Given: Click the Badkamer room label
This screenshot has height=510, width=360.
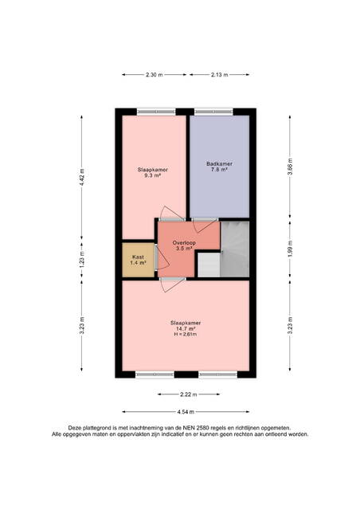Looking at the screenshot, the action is [x=219, y=164].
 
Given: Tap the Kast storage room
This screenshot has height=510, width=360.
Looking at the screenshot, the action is [x=139, y=260].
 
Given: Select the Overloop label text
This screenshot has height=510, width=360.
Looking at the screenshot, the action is [x=184, y=242].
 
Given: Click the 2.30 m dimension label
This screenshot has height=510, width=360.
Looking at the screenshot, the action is [x=155, y=74].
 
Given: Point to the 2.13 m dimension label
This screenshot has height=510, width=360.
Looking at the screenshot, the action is [x=220, y=74].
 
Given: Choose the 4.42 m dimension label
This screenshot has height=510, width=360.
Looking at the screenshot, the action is [x=82, y=177].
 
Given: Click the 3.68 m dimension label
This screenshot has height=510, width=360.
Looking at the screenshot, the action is [x=290, y=167].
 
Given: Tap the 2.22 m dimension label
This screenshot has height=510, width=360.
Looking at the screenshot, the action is [x=189, y=394].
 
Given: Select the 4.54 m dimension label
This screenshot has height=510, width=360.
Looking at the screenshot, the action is [x=186, y=412].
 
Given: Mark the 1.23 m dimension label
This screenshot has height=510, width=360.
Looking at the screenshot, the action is [x=82, y=260].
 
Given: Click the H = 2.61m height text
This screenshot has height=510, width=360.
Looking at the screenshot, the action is [x=186, y=334].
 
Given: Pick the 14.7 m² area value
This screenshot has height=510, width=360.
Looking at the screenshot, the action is [x=186, y=328].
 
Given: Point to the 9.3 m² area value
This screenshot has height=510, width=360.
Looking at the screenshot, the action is [x=153, y=175].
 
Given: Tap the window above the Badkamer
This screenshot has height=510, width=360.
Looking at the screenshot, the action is [x=213, y=112].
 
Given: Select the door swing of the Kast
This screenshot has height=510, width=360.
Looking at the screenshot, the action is [x=162, y=257].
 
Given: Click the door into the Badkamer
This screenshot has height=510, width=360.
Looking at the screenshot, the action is [x=206, y=225].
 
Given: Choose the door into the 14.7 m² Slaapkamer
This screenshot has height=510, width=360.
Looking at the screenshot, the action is [x=173, y=285].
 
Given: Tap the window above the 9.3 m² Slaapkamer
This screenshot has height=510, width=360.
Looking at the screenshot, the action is [x=156, y=112].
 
